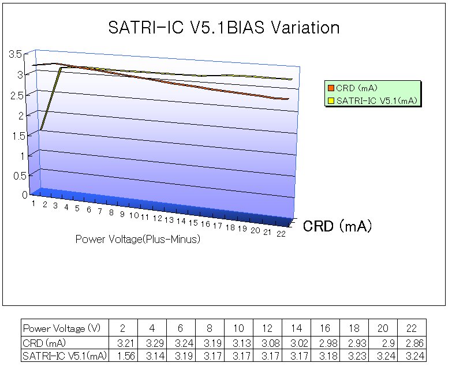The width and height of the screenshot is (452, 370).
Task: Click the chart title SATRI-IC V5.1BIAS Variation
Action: (x=224, y=28)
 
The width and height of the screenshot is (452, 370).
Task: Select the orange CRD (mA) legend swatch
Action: (x=331, y=88)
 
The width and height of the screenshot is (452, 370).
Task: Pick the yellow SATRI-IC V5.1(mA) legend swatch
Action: (x=331, y=100)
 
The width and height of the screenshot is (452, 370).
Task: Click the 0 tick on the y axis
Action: (x=25, y=195)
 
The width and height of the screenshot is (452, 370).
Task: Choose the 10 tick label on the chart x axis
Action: (x=133, y=215)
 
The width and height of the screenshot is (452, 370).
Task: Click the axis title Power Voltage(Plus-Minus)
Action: (x=138, y=240)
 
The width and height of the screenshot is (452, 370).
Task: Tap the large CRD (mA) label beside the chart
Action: (x=337, y=226)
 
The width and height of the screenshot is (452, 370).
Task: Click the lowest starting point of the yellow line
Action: (x=42, y=129)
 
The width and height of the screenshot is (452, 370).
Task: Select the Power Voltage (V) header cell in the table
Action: (x=62, y=328)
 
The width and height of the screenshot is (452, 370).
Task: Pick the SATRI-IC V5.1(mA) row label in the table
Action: (x=64, y=356)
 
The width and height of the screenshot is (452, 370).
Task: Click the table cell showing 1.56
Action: (x=123, y=356)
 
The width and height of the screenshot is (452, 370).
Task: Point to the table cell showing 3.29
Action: (x=152, y=343)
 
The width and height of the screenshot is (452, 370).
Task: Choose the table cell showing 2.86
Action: (x=412, y=343)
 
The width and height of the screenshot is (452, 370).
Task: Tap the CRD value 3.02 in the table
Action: (x=296, y=343)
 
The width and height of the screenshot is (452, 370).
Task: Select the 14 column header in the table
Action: (x=296, y=328)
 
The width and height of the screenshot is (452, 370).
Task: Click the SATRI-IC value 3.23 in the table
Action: (x=354, y=356)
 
